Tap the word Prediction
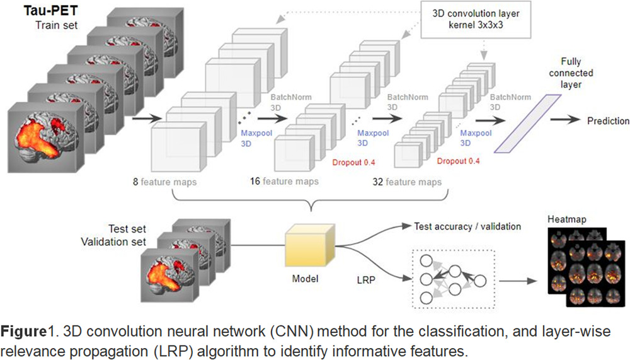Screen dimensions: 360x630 pyautogui.click(x=608, y=121)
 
